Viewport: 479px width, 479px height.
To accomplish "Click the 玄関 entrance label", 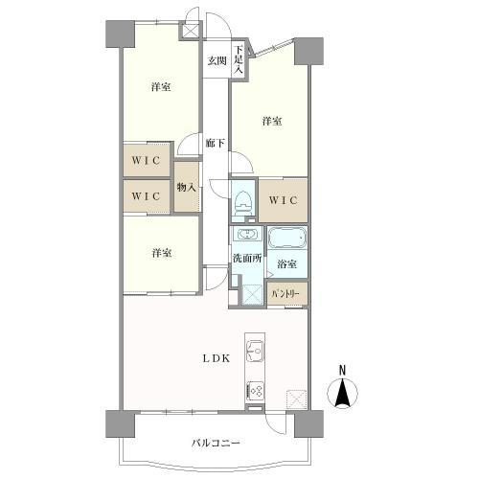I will [x=216, y=61].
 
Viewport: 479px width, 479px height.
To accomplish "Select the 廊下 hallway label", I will [x=216, y=143].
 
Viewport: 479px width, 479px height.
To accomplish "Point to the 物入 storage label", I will [x=186, y=188].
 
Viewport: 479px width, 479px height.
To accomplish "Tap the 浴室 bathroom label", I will [x=286, y=263].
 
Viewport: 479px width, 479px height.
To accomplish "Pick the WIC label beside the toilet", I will [x=284, y=199].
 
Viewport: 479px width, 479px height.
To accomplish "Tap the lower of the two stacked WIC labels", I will [x=147, y=195].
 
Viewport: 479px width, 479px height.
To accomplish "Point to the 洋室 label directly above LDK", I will [x=160, y=253].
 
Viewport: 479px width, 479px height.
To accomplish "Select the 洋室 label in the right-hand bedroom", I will [x=272, y=121].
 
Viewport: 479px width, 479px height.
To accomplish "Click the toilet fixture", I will [x=244, y=203].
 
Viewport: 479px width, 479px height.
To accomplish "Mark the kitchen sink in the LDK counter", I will [x=255, y=348].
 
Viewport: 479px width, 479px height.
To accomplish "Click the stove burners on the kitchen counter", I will [x=256, y=390].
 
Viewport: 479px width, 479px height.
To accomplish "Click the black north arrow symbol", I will [x=344, y=392].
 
